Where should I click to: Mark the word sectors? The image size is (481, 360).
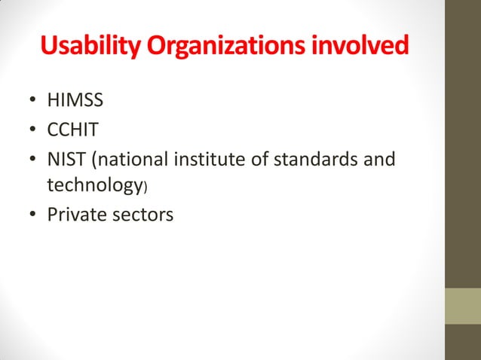click(142, 215)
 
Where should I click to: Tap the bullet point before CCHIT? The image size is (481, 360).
click(32, 132)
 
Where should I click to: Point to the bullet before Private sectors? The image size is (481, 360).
click(32, 216)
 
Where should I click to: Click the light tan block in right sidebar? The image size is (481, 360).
click(464, 307)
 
